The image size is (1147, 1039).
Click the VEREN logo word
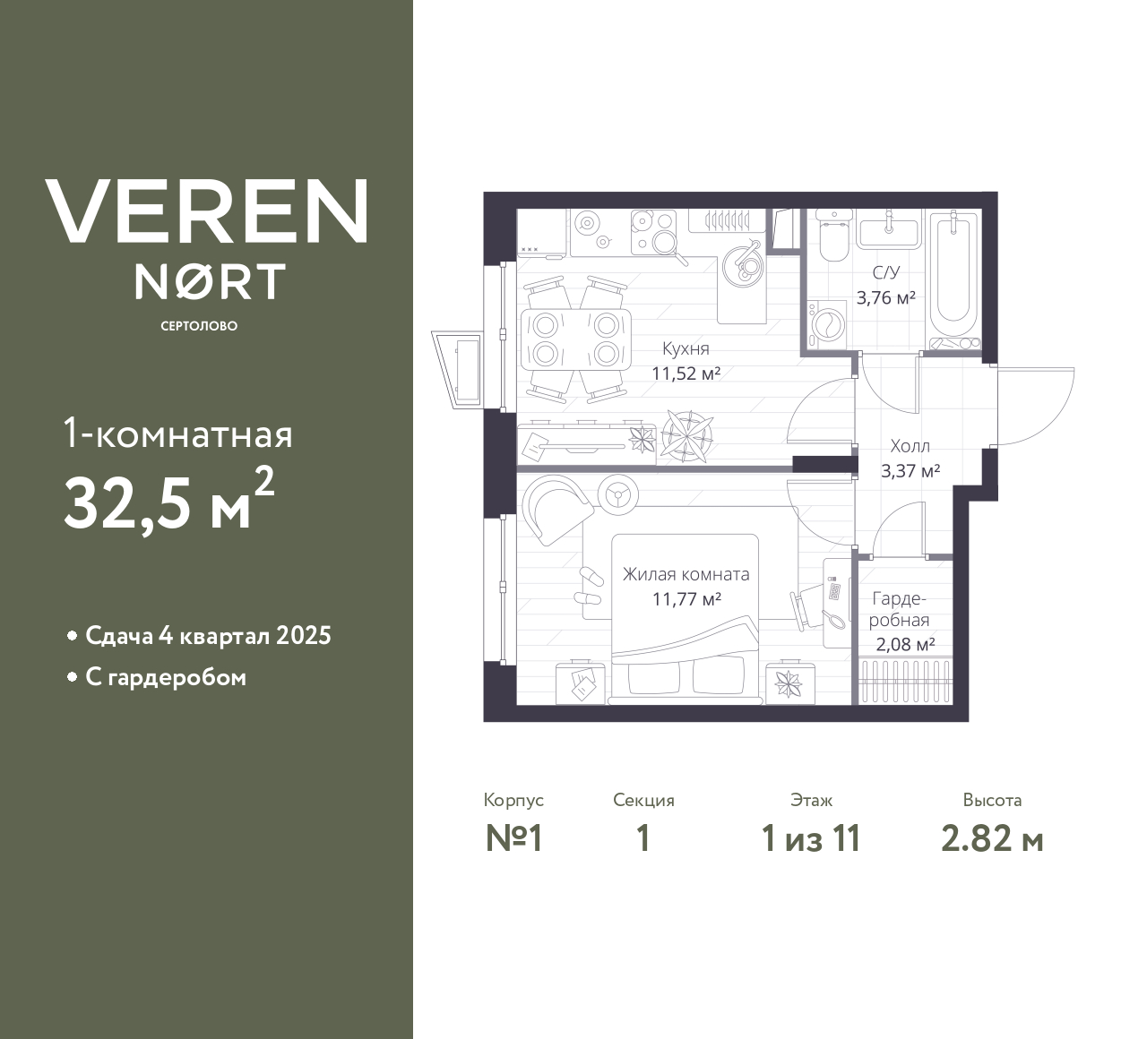(x=206, y=210)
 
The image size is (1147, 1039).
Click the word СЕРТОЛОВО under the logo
(x=199, y=326)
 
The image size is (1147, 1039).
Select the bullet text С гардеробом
(x=166, y=677)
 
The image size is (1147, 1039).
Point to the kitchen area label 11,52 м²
(x=686, y=374)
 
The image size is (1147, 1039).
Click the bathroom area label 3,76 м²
(x=885, y=298)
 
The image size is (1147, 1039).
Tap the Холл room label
(x=910, y=446)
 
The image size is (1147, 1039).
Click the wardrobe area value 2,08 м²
(x=905, y=643)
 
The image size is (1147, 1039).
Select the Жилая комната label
(x=686, y=575)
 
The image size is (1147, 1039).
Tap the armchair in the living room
(x=556, y=506)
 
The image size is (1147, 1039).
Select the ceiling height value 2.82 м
(x=992, y=839)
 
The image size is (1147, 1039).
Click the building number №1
(x=514, y=839)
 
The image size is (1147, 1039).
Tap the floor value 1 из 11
(x=810, y=839)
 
